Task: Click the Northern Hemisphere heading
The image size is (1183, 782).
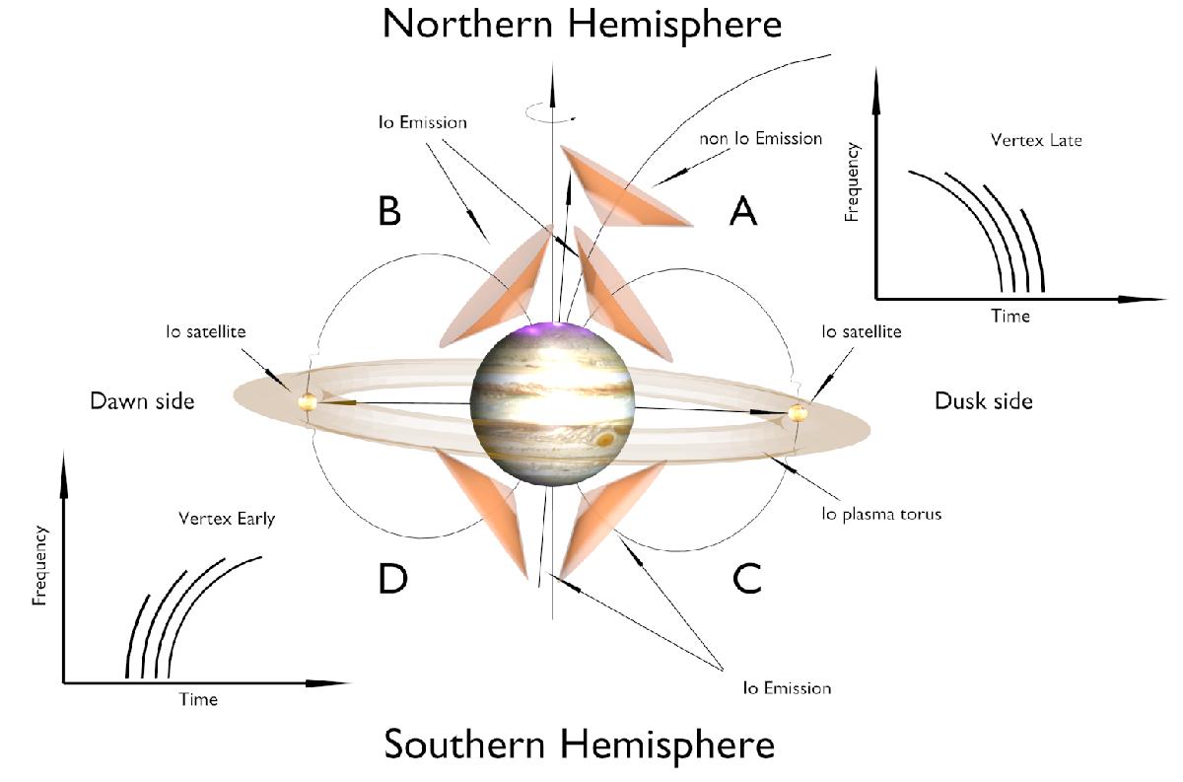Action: pos(582,25)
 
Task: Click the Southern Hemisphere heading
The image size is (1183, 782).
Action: pos(580,744)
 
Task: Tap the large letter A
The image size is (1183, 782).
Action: pos(743,210)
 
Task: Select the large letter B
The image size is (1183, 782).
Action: pos(389,210)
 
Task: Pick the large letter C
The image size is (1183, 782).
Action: pos(747,578)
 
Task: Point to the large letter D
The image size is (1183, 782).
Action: pos(393,578)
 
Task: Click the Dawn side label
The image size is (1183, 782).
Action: pos(142,401)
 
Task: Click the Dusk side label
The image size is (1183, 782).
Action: pos(984,401)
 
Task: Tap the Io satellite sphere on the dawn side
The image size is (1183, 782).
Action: pos(307,402)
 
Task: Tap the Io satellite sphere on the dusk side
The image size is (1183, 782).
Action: pos(798,413)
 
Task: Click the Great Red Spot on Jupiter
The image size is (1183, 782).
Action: pos(605,439)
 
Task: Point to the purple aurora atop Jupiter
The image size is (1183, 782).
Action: pos(553,329)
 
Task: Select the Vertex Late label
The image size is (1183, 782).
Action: pos(1036,140)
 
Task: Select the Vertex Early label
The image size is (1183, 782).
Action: pos(227,519)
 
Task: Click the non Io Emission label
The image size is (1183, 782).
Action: pos(760,138)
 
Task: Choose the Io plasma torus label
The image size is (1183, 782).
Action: pos(881,514)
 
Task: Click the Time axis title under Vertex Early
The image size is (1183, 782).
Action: pos(198,699)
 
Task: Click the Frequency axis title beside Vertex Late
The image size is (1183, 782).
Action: pos(852,181)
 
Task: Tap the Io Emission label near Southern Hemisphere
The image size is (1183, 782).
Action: pos(787,688)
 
